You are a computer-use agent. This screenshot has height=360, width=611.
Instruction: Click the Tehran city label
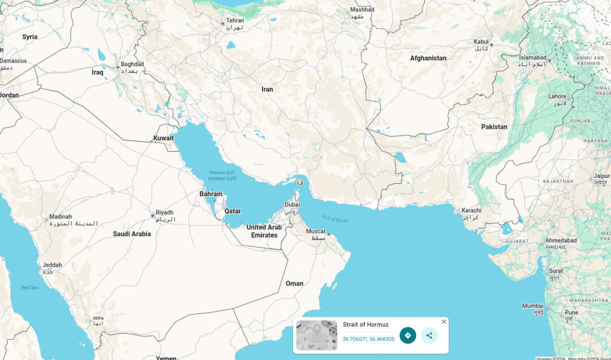(x=234, y=21)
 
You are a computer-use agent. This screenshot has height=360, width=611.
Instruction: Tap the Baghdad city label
(x=132, y=64)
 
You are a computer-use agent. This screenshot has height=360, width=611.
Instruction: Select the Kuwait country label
(x=163, y=138)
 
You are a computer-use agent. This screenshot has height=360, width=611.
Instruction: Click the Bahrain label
(x=211, y=194)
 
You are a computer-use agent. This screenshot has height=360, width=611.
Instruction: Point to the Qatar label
(x=233, y=211)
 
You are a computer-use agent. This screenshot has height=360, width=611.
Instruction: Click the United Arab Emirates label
(x=264, y=231)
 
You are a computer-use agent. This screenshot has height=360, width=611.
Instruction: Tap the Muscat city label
(x=316, y=232)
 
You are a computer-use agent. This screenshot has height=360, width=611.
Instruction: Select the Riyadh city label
(x=164, y=213)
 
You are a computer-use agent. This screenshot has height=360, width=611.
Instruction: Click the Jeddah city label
(x=52, y=265)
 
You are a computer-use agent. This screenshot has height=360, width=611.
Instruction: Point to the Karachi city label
(x=471, y=211)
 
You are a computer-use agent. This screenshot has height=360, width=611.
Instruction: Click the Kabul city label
(x=481, y=42)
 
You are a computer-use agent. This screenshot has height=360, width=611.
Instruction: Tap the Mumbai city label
(x=533, y=306)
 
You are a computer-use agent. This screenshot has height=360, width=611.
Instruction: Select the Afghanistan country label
(x=428, y=58)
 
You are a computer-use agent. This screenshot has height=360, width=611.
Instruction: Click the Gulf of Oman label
(x=334, y=219)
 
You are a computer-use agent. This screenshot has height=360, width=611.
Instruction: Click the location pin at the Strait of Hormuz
(x=300, y=183)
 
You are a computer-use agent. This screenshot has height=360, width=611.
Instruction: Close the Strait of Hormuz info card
(x=444, y=322)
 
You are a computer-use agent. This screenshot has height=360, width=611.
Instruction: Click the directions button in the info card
(x=408, y=336)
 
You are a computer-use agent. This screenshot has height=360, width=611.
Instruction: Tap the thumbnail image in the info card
(x=316, y=336)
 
